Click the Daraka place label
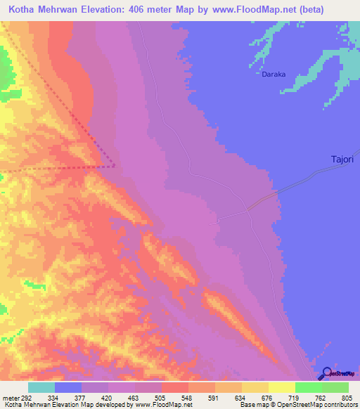point(272,73)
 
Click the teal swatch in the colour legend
point(41,387)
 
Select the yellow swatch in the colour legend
point(282,387)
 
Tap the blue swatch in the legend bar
point(68,387)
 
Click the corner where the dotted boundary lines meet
point(115,167)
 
